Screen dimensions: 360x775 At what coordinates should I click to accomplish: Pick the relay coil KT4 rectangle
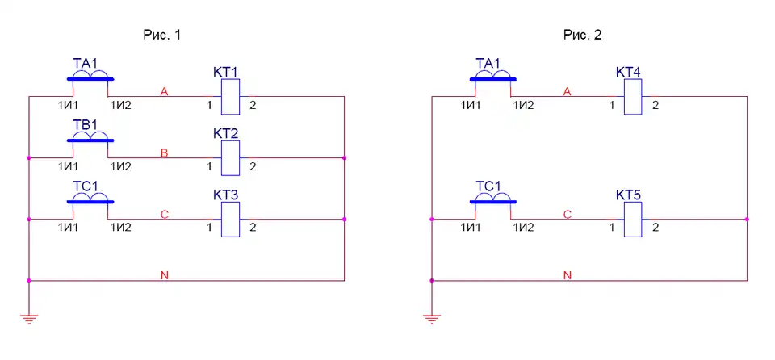click(634, 98)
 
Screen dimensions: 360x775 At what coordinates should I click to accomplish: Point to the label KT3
click(227, 195)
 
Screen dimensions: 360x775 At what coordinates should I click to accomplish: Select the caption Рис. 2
click(583, 35)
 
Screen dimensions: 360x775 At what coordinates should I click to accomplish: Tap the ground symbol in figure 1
click(29, 317)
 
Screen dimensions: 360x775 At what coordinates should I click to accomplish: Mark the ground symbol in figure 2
click(433, 317)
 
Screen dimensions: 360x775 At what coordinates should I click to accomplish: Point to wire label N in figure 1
click(165, 276)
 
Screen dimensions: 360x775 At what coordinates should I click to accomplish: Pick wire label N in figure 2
click(568, 276)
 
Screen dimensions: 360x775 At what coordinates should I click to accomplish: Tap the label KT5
click(630, 195)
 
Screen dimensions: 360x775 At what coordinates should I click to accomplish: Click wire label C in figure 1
click(165, 215)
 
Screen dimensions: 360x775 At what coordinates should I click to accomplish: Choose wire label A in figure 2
click(568, 92)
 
